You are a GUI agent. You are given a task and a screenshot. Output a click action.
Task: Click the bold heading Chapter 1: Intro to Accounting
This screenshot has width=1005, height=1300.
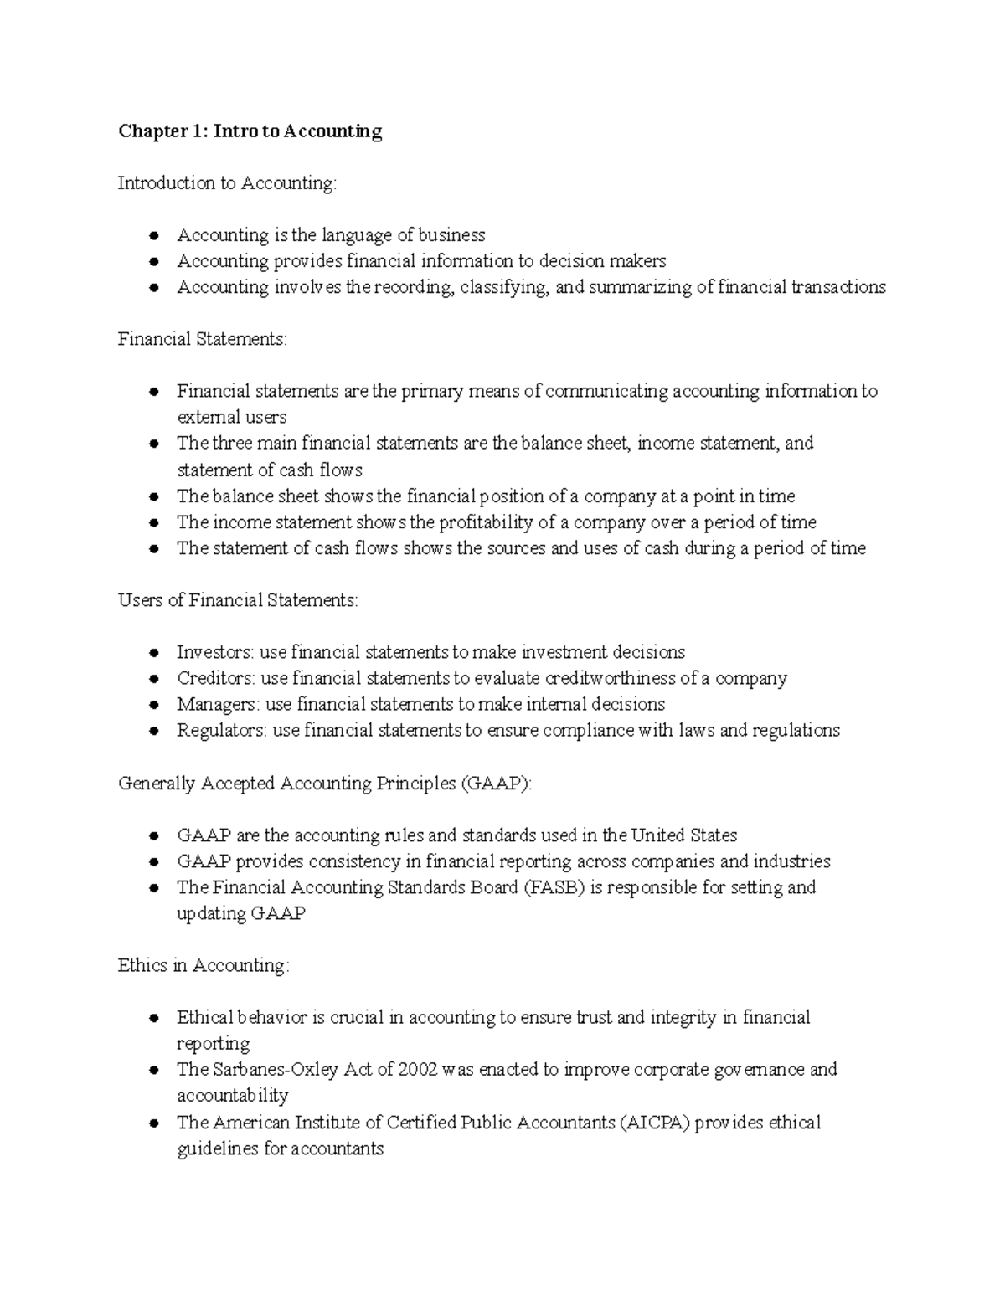pyautogui.click(x=250, y=131)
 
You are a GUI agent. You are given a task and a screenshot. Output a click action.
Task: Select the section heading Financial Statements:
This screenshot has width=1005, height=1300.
pyautogui.click(x=202, y=339)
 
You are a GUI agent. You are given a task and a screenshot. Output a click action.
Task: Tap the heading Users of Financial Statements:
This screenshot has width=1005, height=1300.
pyautogui.click(x=238, y=600)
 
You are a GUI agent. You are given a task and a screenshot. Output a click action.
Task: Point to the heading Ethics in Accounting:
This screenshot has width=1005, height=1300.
pyautogui.click(x=204, y=965)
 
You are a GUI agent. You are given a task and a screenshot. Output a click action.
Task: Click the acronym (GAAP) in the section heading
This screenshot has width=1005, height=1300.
pyautogui.click(x=495, y=784)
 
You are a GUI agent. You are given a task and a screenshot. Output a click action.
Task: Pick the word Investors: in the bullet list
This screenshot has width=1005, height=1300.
pyautogui.click(x=215, y=652)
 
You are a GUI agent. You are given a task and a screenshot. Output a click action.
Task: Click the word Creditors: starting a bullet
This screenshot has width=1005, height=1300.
pyautogui.click(x=216, y=678)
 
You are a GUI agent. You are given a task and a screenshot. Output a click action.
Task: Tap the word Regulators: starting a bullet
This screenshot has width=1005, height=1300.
pyautogui.click(x=222, y=730)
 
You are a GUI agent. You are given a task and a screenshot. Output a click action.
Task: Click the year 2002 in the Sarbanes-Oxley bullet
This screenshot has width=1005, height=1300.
pyautogui.click(x=417, y=1070)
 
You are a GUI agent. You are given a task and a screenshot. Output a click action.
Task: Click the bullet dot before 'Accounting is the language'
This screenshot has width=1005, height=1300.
pyautogui.click(x=153, y=235)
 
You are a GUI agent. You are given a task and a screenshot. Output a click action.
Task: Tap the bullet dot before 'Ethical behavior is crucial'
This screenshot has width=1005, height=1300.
pyautogui.click(x=153, y=1018)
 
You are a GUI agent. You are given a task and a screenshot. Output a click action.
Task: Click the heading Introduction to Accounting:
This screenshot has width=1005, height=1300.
pyautogui.click(x=227, y=183)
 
